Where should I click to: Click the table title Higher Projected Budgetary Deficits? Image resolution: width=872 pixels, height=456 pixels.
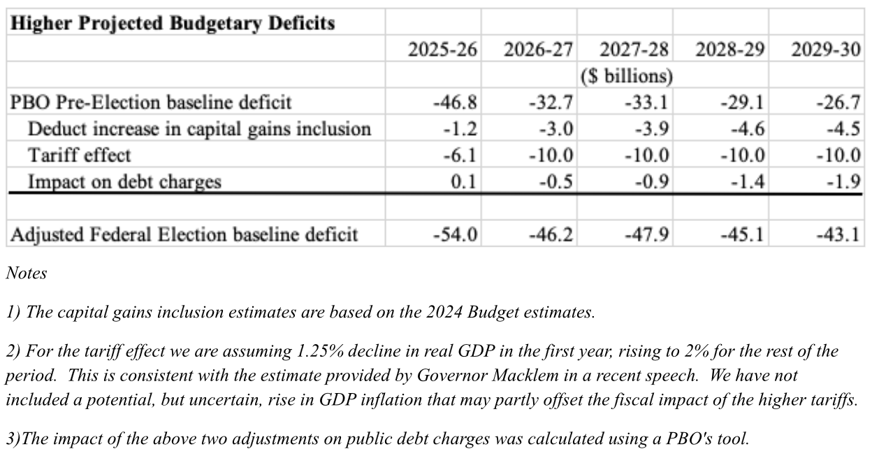(173, 23)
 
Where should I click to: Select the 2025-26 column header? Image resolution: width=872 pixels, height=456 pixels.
(442, 50)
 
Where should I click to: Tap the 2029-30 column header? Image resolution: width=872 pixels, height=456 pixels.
(826, 50)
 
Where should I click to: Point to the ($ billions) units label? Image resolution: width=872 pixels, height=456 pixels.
(626, 76)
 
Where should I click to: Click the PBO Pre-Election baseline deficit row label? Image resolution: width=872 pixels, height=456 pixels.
(151, 103)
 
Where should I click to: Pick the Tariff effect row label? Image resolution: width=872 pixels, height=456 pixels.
(80, 155)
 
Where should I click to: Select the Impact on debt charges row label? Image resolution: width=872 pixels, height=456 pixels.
(124, 182)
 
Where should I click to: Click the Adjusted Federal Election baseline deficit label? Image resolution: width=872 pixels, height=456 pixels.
(184, 234)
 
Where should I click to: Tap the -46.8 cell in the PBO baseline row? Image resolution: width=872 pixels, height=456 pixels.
(455, 103)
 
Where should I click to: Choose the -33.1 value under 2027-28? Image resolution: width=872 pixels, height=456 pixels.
(646, 103)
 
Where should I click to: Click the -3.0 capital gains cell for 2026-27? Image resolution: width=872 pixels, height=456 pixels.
(556, 129)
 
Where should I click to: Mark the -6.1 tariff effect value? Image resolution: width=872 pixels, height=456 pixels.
(460, 155)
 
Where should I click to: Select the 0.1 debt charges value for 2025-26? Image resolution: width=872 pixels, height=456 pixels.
(463, 182)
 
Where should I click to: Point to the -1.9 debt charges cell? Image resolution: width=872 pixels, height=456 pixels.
(843, 182)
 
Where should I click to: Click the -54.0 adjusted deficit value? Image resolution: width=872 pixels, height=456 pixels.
(455, 234)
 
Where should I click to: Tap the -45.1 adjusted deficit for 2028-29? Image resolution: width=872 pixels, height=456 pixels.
(742, 234)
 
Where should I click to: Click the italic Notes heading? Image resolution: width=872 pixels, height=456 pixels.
(27, 273)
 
